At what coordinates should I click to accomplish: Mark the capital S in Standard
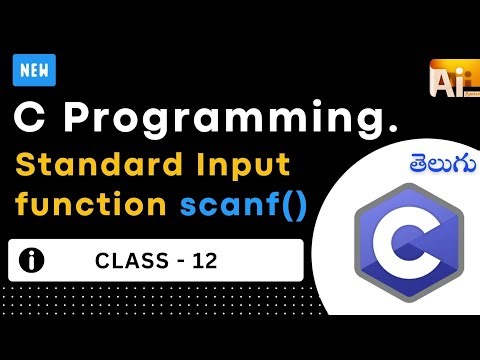(x=24, y=164)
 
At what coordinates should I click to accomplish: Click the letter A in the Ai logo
(x=441, y=79)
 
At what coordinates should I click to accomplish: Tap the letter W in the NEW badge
(x=46, y=71)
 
